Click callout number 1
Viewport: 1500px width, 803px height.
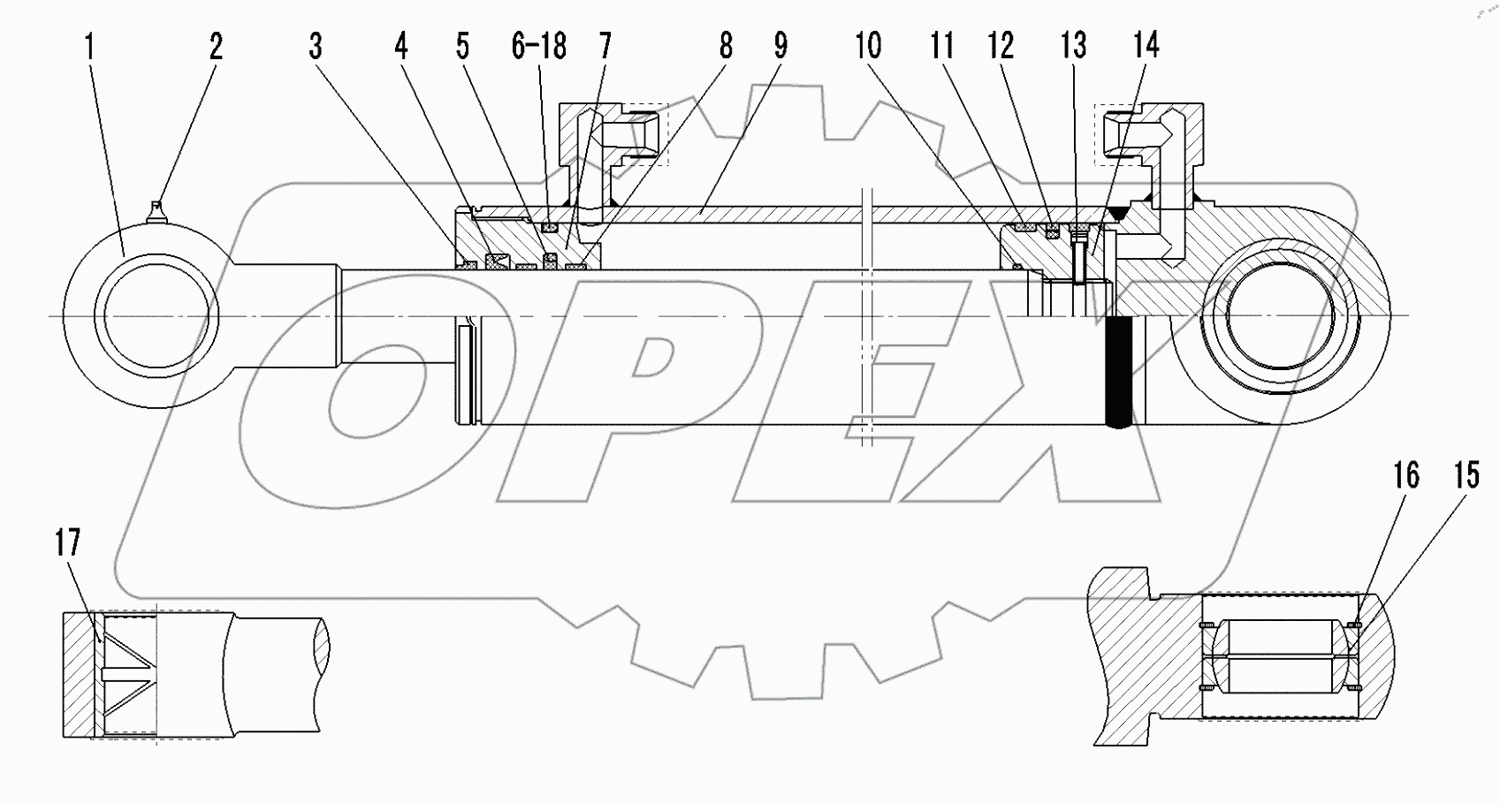[89, 46]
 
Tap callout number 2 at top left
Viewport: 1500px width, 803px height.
[216, 46]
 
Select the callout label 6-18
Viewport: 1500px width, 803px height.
[538, 46]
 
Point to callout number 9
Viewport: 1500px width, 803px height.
[780, 46]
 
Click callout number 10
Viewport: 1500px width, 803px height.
[868, 46]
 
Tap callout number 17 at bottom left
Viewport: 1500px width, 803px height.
[68, 543]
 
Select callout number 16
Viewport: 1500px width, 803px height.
[1405, 476]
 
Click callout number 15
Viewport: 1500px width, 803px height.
[1466, 476]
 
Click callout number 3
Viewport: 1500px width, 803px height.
[316, 46]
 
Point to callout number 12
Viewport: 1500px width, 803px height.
[1001, 46]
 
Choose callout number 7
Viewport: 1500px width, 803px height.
[605, 46]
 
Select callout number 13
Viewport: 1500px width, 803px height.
[1075, 46]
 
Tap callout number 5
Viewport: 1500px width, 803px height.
[462, 46]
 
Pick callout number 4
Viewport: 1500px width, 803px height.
[401, 46]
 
